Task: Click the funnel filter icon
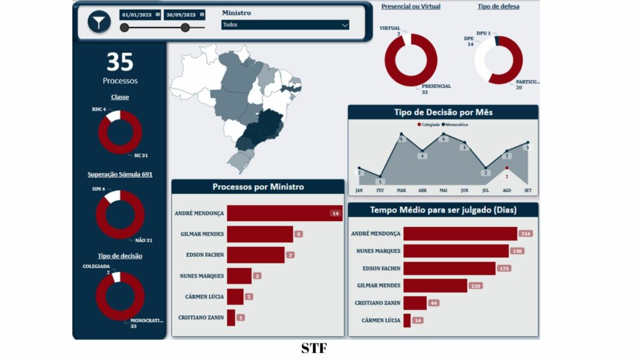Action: (99, 22)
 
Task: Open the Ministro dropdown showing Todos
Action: (285, 25)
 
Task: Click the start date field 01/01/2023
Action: (140, 14)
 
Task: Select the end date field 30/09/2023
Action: (184, 14)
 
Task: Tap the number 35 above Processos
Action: (119, 62)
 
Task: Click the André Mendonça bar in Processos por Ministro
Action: (284, 213)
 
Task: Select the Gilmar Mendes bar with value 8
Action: (259, 234)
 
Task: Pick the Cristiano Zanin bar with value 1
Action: (231, 317)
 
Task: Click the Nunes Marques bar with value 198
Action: (456, 251)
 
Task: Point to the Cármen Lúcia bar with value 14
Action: (407, 321)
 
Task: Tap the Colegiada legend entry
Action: (429, 124)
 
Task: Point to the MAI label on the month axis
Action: (443, 190)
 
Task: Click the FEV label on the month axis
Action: (380, 190)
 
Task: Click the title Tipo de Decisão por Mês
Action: (442, 112)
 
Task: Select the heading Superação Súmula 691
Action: (119, 174)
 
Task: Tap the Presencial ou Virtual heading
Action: (411, 7)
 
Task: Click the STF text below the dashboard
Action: (314, 348)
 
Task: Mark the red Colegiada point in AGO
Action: (507, 167)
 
